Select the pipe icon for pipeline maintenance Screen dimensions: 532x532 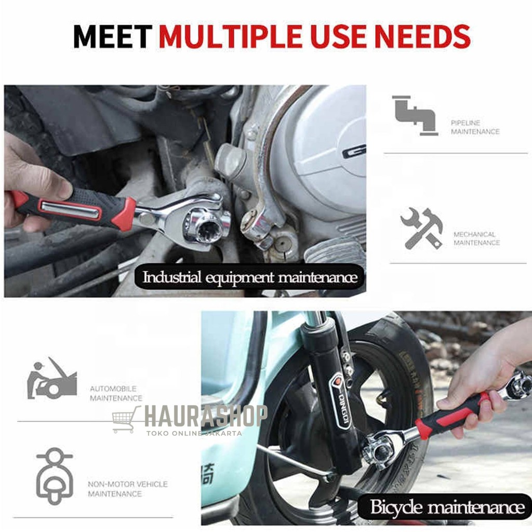(x=414, y=115)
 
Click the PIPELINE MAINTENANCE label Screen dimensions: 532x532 (x=475, y=127)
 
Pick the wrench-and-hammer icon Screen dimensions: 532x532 (x=421, y=228)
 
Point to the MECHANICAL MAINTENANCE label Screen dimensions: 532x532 (x=476, y=238)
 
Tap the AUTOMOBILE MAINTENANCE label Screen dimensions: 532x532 (x=115, y=393)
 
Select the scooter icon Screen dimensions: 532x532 (x=54, y=475)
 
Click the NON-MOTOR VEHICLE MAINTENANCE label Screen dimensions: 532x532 (x=128, y=489)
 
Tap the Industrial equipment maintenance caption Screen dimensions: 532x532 (x=250, y=277)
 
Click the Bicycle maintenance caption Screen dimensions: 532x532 (x=447, y=507)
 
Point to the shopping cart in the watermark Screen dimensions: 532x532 (x=125, y=420)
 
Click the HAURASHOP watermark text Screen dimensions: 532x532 (x=205, y=416)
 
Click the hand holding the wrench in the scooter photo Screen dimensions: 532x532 (x=475, y=382)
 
